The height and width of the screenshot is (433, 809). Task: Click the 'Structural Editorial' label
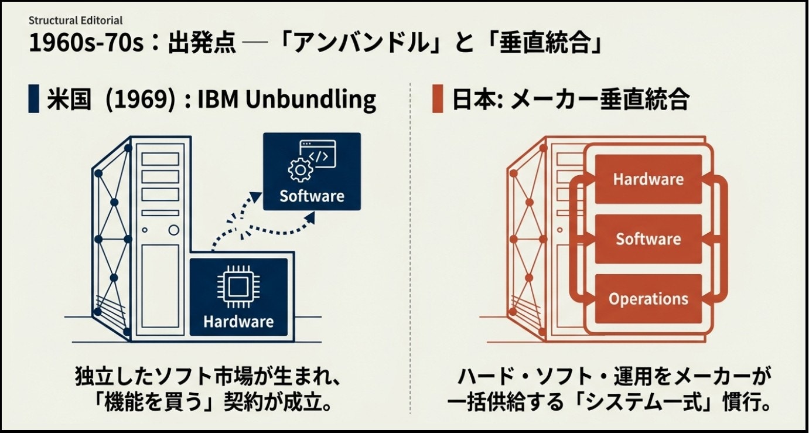point(76,21)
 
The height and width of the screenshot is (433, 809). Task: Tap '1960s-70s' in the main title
point(86,44)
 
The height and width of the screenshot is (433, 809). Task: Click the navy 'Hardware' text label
point(238,321)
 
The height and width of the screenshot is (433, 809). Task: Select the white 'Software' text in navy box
point(312,195)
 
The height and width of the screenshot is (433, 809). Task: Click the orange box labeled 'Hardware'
point(648,179)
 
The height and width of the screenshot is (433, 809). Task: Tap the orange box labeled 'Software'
point(648,238)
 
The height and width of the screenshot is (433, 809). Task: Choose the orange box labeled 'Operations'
point(648,298)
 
